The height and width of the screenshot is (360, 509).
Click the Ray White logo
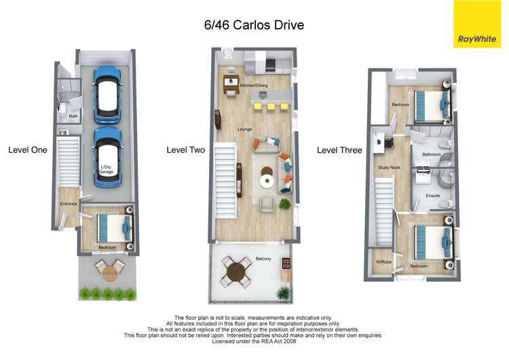(x=476, y=24)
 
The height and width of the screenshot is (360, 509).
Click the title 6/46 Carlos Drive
(x=254, y=25)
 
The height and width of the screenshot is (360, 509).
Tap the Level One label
(x=28, y=149)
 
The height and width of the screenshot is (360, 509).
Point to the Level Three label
(x=339, y=150)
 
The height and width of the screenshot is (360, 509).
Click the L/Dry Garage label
(x=107, y=169)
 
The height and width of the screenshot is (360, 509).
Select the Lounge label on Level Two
(x=245, y=128)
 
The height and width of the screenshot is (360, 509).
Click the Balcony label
(x=264, y=259)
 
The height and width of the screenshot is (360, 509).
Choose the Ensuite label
(x=432, y=196)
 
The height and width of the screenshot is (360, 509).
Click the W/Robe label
(x=383, y=262)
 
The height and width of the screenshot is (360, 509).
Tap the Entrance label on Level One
(x=69, y=204)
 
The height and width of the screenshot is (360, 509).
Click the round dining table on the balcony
(x=236, y=272)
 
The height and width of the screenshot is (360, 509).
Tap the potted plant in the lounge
(x=285, y=203)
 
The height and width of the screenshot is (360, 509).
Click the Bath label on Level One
(x=73, y=116)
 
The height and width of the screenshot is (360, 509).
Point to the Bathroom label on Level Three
(x=432, y=154)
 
